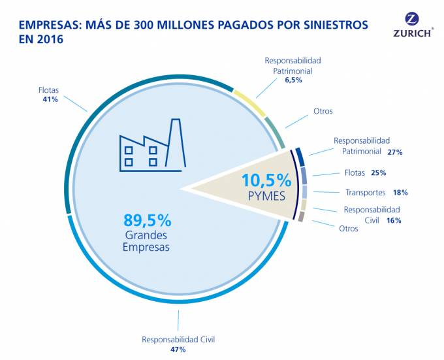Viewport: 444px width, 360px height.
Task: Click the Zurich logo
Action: click(x=413, y=25)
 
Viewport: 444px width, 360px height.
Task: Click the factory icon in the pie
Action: click(x=150, y=148)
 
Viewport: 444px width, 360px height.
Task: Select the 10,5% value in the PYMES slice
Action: click(x=266, y=180)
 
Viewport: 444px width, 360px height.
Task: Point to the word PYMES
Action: click(x=267, y=195)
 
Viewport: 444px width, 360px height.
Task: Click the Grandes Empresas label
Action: click(x=146, y=240)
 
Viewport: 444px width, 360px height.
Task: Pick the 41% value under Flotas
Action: click(x=50, y=99)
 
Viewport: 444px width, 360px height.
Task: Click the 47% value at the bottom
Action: click(x=178, y=350)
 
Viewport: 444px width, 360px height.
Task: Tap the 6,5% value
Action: click(x=293, y=80)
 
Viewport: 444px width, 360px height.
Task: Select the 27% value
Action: click(x=394, y=152)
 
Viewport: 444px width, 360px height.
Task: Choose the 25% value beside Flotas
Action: click(x=379, y=173)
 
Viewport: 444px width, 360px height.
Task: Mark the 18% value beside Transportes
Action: click(x=400, y=193)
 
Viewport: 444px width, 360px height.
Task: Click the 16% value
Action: click(x=393, y=220)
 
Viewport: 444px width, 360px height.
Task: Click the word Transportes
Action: click(x=364, y=193)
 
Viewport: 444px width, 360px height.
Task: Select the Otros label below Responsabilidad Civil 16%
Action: click(x=348, y=229)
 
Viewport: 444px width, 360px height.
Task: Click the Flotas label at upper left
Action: click(x=50, y=90)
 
